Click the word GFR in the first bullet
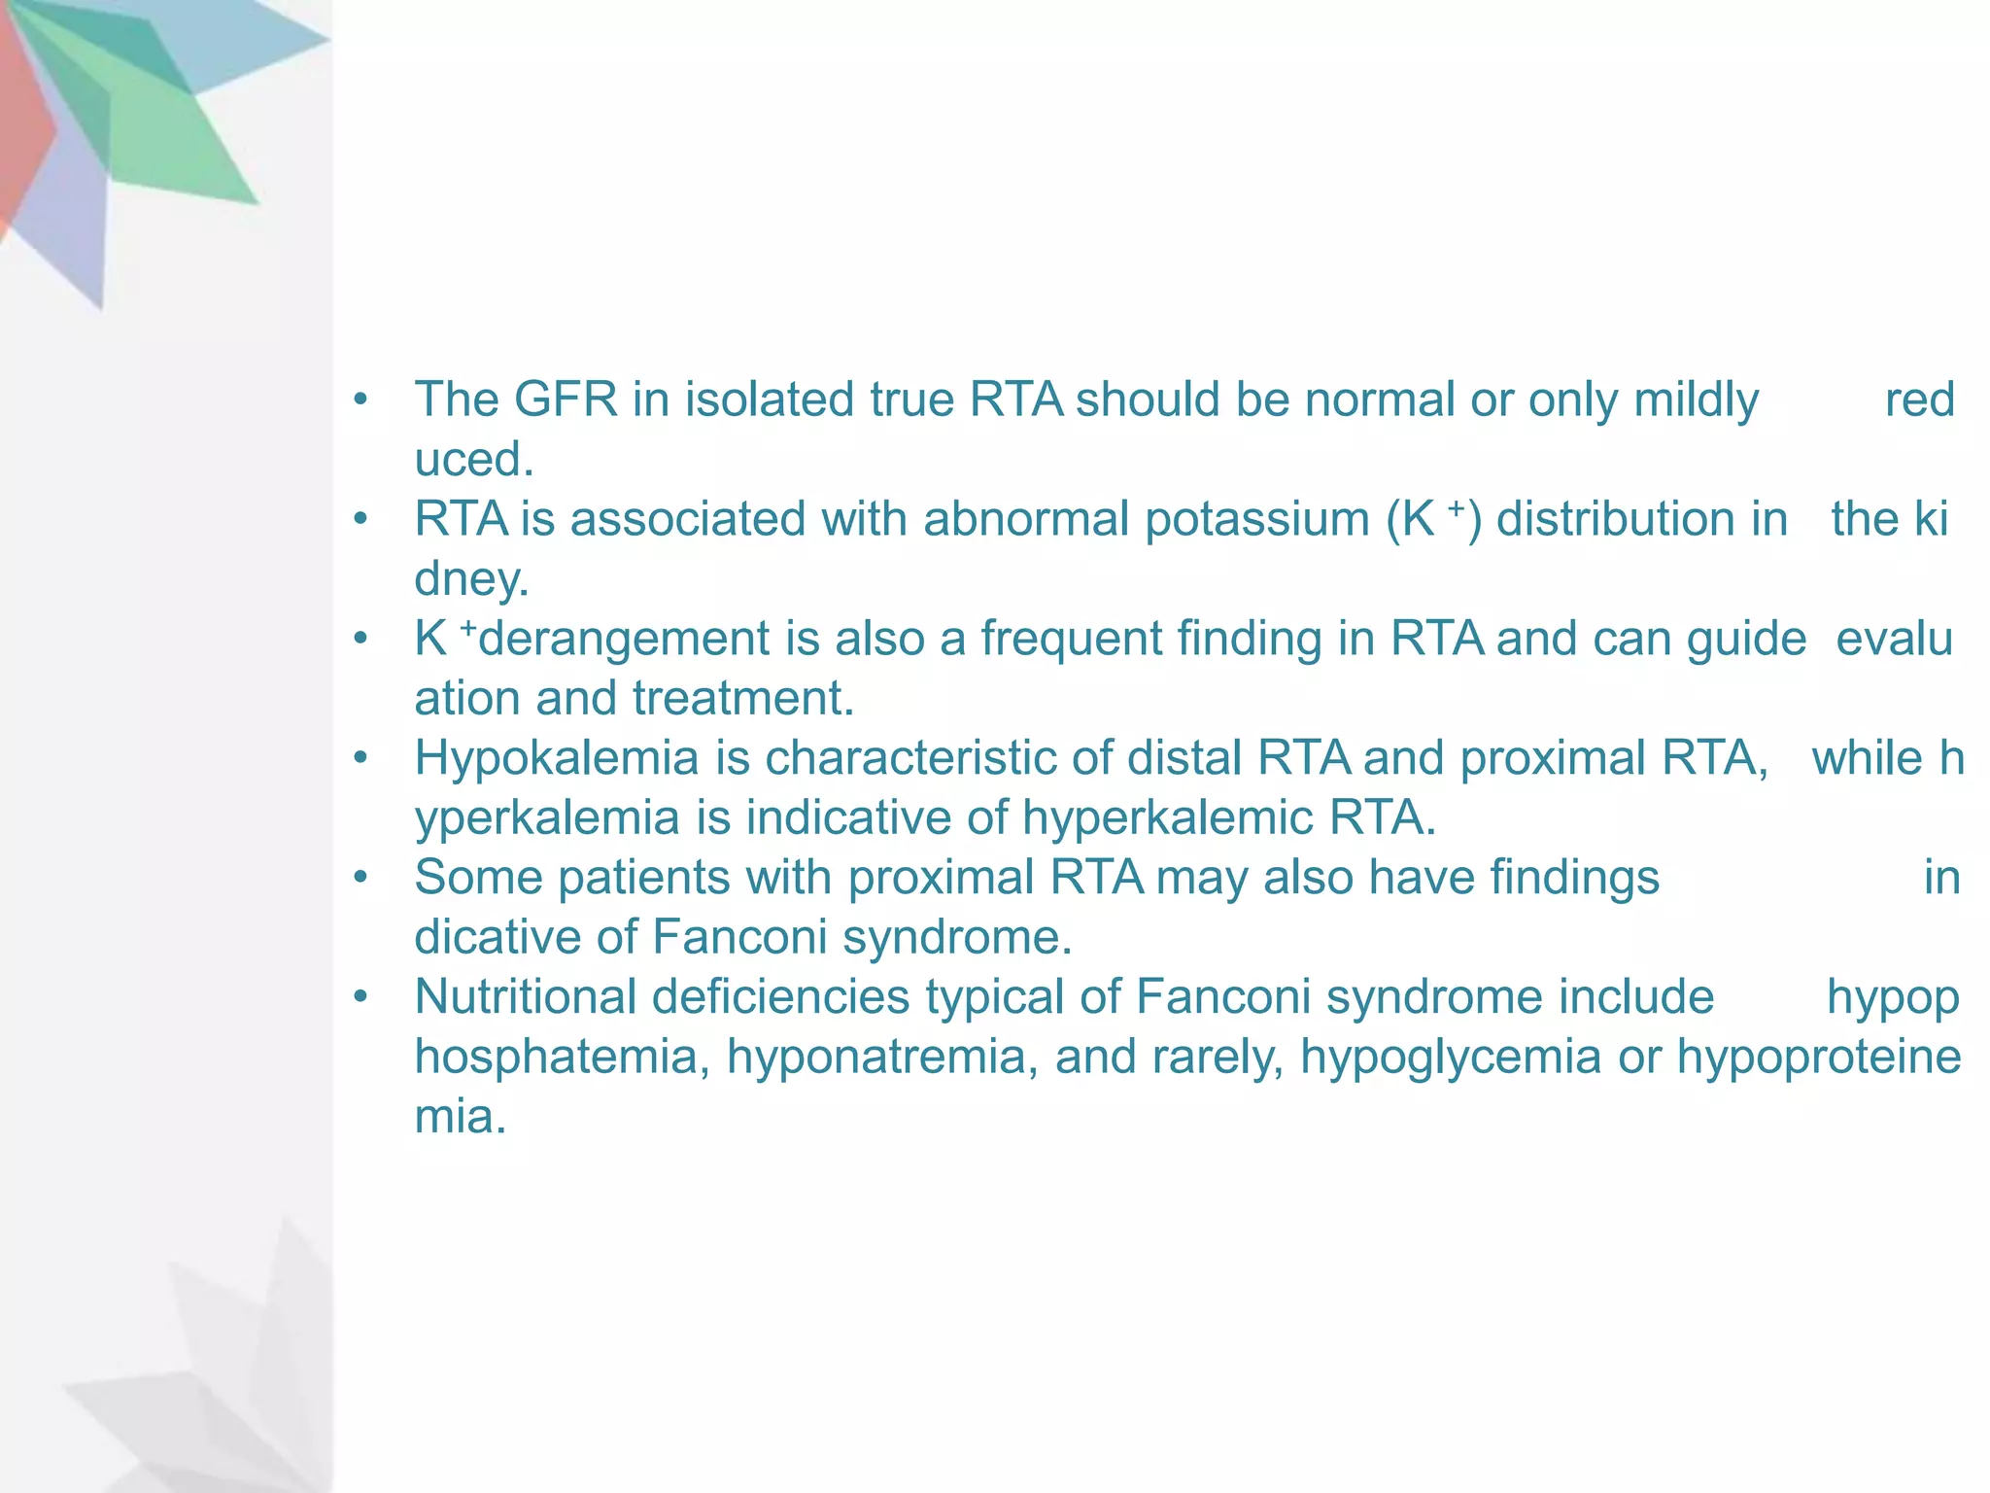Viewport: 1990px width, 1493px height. pos(566,399)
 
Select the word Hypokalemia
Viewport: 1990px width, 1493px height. pos(556,758)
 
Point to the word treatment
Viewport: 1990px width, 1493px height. pos(743,698)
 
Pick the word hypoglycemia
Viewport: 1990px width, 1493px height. pos(1450,1057)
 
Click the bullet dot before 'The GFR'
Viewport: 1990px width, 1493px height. pos(361,399)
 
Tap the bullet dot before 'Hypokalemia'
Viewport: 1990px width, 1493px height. pos(361,758)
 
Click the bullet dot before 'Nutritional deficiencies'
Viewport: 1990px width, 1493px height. pos(361,997)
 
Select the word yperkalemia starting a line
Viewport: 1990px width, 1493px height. pos(546,818)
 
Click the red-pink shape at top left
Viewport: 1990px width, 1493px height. pos(21,126)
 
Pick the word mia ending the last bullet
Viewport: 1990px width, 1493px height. pos(460,1117)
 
